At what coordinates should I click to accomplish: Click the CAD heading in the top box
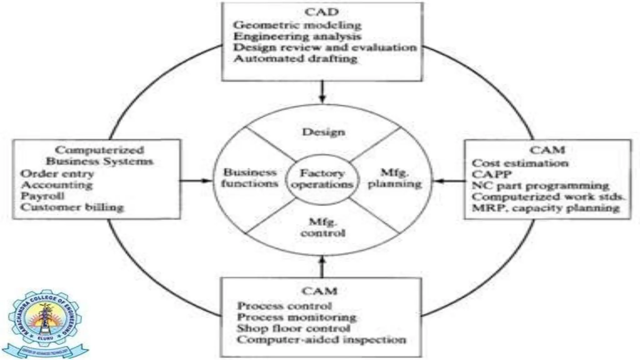click(x=322, y=12)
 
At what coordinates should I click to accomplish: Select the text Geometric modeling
click(x=297, y=25)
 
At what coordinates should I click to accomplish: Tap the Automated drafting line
click(x=295, y=59)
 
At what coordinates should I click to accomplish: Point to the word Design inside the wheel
click(x=323, y=132)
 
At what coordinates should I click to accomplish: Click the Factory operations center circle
click(x=322, y=179)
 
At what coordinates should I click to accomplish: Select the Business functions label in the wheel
click(x=250, y=178)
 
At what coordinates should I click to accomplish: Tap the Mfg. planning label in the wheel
click(x=395, y=178)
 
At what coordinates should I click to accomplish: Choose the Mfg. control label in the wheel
click(x=323, y=227)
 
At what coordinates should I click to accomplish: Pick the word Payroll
click(x=42, y=196)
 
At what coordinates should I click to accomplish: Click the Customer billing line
click(x=72, y=207)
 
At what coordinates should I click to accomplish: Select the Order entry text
click(x=57, y=174)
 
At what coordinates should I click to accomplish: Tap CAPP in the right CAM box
click(x=492, y=174)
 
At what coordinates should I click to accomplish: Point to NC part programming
click(x=540, y=186)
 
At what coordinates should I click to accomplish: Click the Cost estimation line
click(x=520, y=163)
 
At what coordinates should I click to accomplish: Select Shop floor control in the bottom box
click(x=293, y=328)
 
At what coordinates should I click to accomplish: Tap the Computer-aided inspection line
click(x=321, y=340)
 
